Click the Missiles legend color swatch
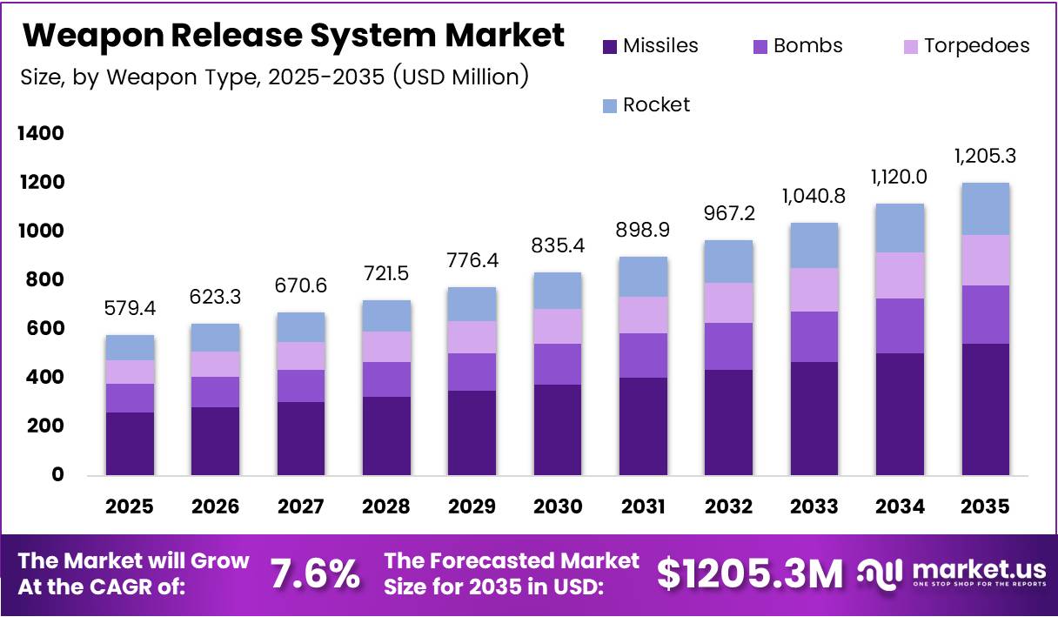[x=609, y=46]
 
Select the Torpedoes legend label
[x=976, y=46]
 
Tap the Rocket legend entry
[x=656, y=105]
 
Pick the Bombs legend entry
[x=807, y=46]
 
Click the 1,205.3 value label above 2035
[x=985, y=157]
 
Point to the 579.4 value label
[x=130, y=309]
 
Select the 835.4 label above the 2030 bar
[x=558, y=246]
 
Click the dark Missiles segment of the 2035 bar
[x=985, y=409]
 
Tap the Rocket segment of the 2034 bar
[x=900, y=228]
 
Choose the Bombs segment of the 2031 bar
[x=643, y=355]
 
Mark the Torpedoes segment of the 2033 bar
[x=814, y=290]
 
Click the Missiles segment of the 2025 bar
[x=130, y=444]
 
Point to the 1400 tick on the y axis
[x=42, y=134]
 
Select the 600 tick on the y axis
[x=45, y=329]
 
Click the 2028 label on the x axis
[x=386, y=506]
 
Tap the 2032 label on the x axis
[x=729, y=506]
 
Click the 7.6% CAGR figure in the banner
[x=314, y=574]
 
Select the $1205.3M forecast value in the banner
[x=750, y=574]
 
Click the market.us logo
[x=952, y=573]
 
